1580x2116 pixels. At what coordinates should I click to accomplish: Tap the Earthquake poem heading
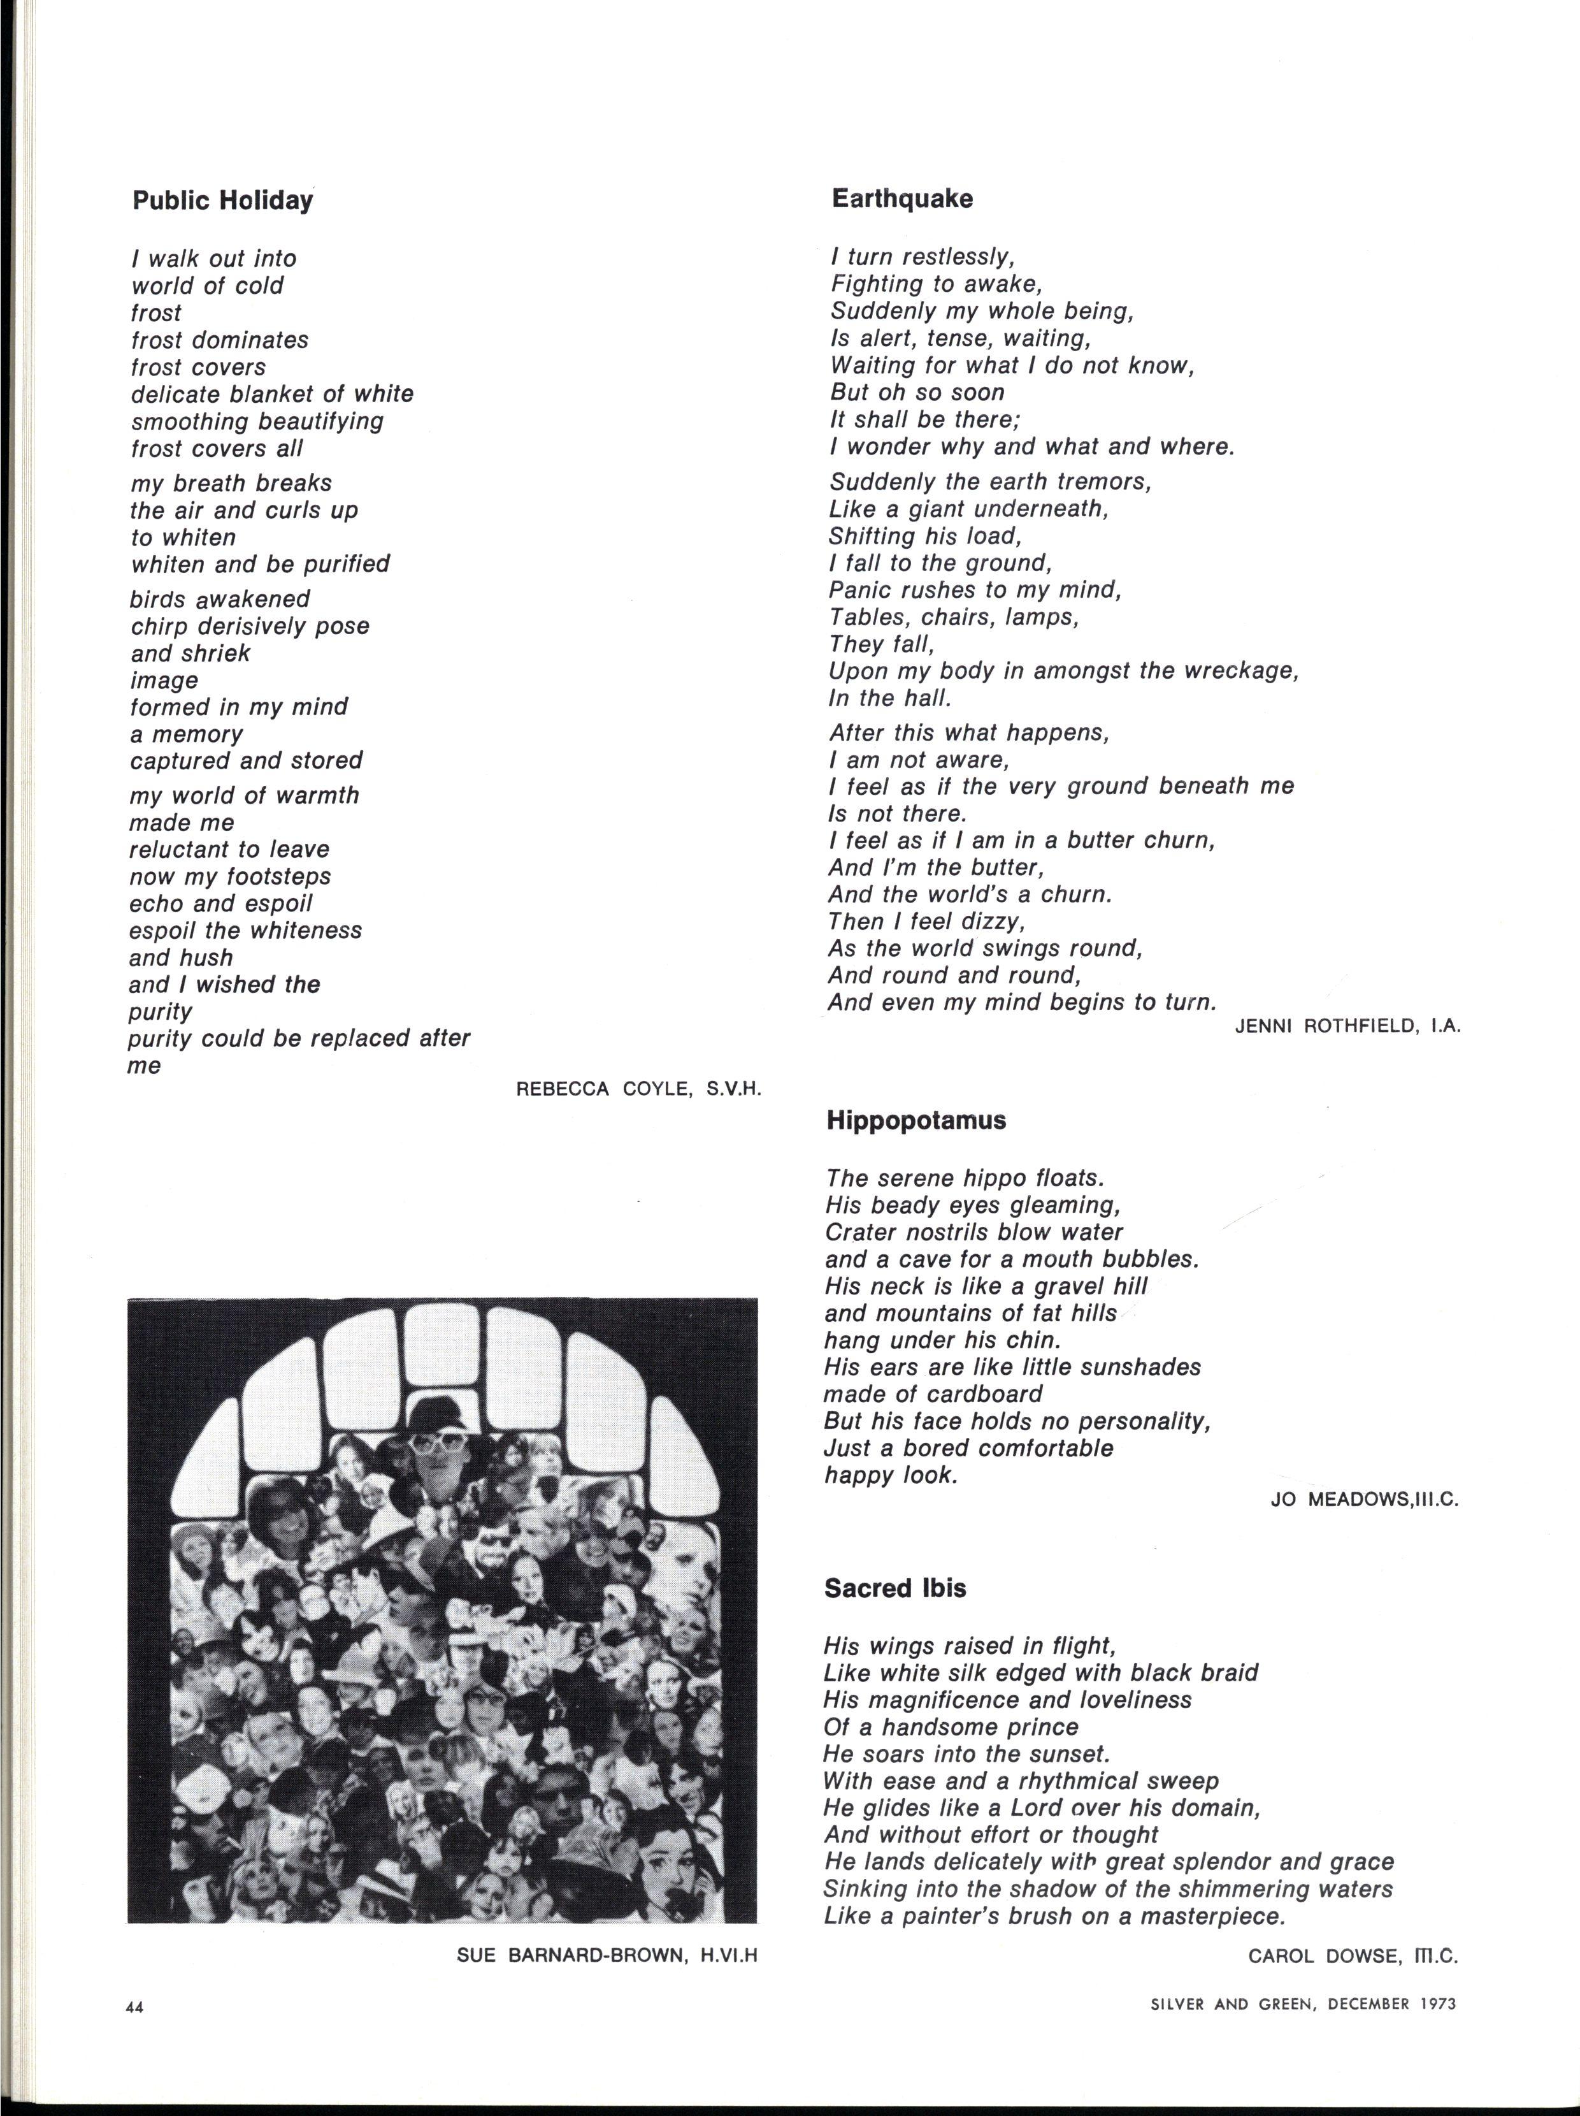(x=902, y=199)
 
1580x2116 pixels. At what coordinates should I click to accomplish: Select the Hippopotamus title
(x=916, y=1120)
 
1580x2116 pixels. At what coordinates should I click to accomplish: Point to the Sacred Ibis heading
(x=895, y=1588)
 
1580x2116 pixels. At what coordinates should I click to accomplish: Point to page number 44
(x=134, y=2008)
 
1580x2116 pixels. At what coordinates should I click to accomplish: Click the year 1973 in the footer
(x=1435, y=2004)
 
